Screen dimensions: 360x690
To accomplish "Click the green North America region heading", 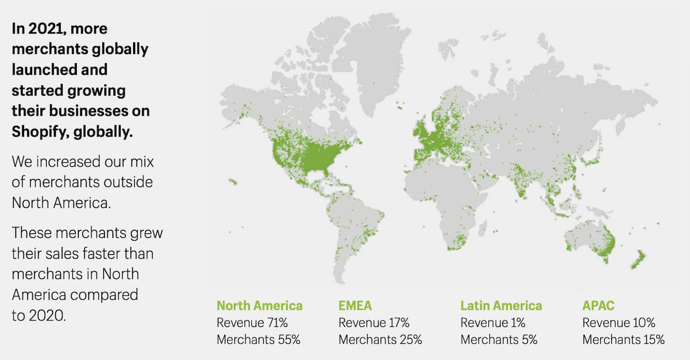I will pos(259,306).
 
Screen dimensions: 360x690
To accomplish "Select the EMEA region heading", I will pos(355,306).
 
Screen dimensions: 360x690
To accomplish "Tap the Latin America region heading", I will pos(501,306).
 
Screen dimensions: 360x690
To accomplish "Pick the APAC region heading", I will pos(598,306).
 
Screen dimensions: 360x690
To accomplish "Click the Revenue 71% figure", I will pos(252,323).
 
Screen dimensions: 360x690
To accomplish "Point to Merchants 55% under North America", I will pos(258,340).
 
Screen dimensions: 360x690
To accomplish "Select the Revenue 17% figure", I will pos(374,323).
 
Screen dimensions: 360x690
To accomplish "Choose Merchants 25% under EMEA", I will pos(380,340).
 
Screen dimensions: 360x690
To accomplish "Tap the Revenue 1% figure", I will pos(493,323).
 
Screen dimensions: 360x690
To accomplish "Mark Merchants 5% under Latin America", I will pos(499,340).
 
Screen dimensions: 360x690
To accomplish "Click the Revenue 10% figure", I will pos(619,323).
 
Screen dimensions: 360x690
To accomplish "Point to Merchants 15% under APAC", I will pos(623,340).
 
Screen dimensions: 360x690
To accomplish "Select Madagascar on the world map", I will pos(483,227).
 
